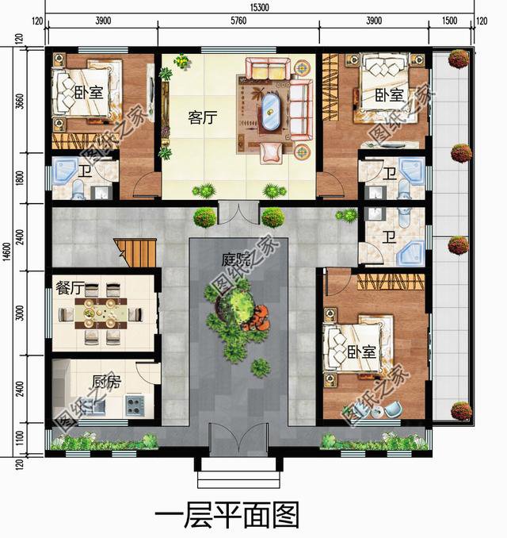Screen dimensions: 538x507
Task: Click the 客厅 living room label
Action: [x=203, y=117]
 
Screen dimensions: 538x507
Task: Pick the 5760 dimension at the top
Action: [x=239, y=21]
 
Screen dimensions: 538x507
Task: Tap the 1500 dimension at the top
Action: [x=450, y=21]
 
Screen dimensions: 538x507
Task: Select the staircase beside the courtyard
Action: [x=135, y=253]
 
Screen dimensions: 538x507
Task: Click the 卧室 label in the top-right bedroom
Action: [x=389, y=96]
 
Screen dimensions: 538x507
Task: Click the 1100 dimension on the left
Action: [x=22, y=438]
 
